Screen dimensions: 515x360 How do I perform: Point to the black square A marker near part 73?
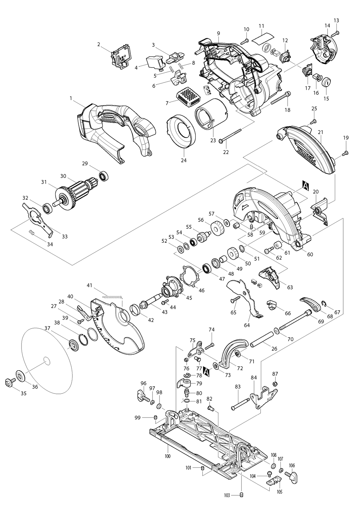[206, 371]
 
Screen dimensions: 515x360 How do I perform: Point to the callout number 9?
[218, 33]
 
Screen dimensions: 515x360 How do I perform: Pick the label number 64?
[247, 325]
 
